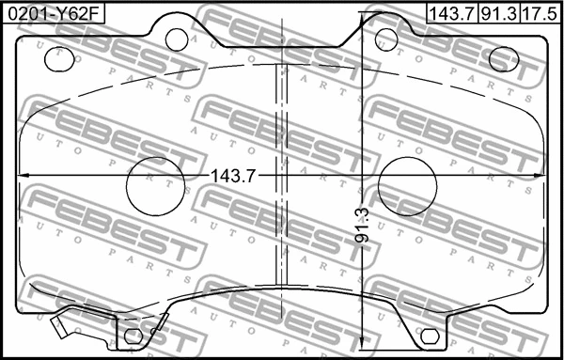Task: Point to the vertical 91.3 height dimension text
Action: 363,227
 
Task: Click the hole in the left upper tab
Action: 177,39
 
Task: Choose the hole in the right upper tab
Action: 386,39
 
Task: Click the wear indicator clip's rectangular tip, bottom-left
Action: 61,328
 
